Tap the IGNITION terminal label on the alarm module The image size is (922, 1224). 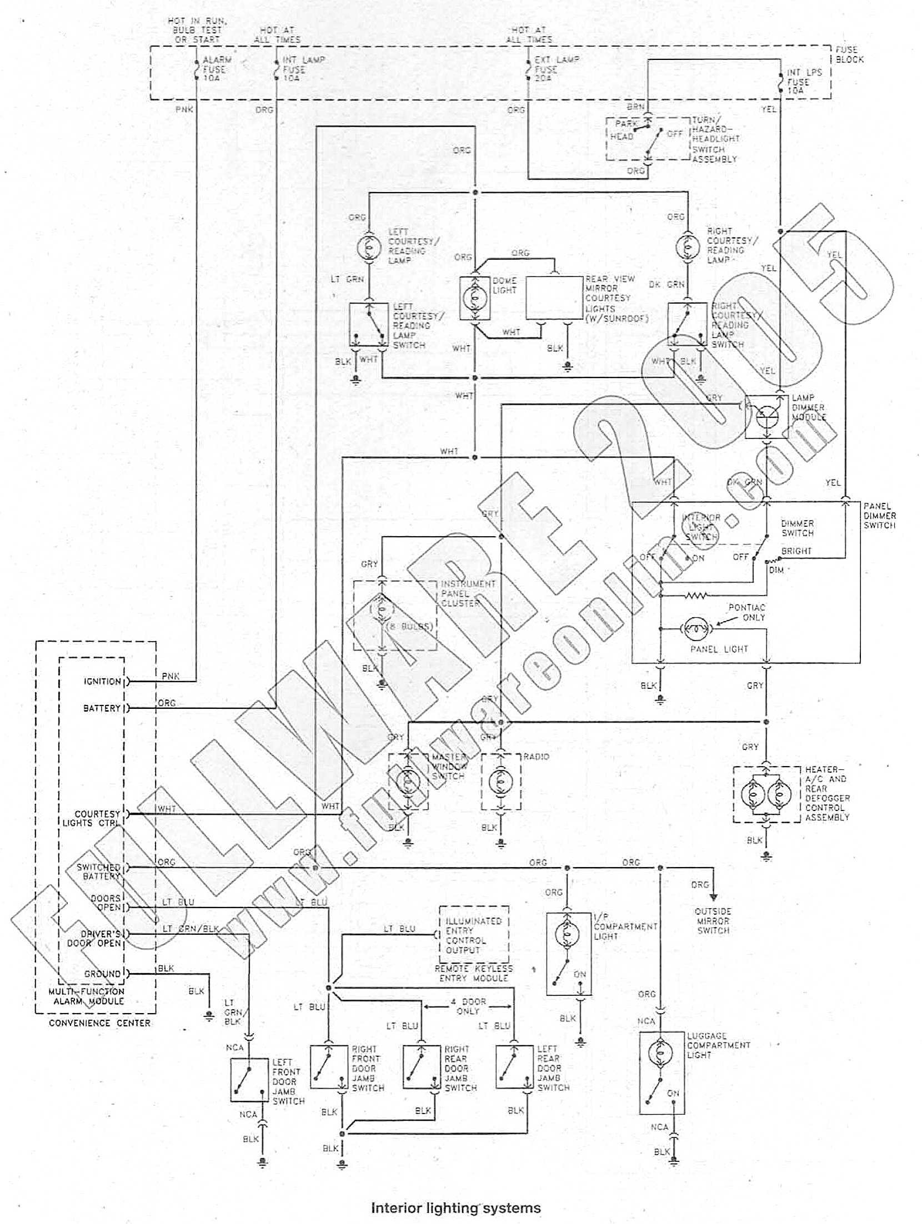102,682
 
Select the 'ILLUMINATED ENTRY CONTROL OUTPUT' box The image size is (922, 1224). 474,935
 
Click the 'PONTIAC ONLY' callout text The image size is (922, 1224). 746,612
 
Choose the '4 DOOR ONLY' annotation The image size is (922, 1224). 468,1006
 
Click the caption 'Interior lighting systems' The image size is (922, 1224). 455,1208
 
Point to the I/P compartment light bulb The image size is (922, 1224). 568,934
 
